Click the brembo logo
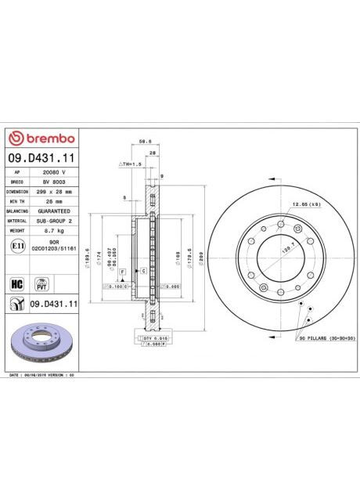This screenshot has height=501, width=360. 41,139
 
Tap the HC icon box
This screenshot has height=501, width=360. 16,283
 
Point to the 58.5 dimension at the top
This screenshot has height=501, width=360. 144,142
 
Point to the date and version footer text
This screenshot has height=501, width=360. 41,375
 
